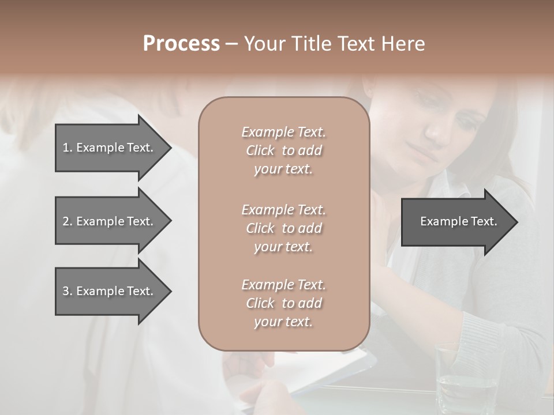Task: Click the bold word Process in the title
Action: pyautogui.click(x=181, y=44)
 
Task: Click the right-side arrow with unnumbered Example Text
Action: pyautogui.click(x=458, y=221)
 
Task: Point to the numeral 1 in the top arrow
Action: pyautogui.click(x=65, y=148)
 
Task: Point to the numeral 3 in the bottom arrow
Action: pyautogui.click(x=65, y=291)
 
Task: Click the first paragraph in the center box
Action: pyautogui.click(x=283, y=150)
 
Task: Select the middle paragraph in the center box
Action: pyautogui.click(x=283, y=228)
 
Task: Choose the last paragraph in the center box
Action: pyautogui.click(x=283, y=303)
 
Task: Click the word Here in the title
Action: pyautogui.click(x=403, y=44)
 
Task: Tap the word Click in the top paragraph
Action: pyautogui.click(x=260, y=151)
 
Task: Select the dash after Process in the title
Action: pyautogui.click(x=231, y=44)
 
